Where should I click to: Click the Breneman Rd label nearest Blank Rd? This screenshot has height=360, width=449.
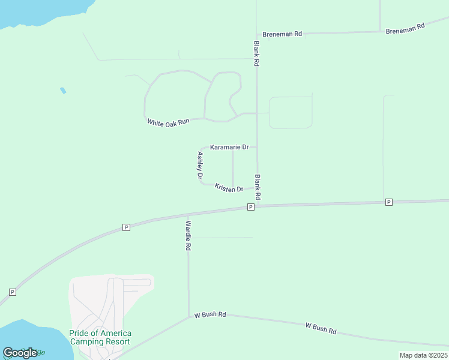click(282, 34)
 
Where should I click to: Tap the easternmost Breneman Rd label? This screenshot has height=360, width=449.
click(405, 28)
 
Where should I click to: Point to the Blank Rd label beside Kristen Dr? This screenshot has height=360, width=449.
click(258, 187)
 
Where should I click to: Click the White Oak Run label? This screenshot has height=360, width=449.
click(168, 121)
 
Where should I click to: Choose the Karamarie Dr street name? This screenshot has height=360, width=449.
click(229, 147)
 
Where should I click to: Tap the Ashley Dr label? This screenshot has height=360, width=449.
click(200, 166)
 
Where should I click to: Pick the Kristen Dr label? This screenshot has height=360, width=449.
click(229, 188)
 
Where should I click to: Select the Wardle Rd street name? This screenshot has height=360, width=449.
click(188, 235)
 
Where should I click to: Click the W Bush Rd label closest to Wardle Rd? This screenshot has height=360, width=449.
click(209, 314)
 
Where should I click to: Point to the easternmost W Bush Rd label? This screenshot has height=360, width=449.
click(321, 328)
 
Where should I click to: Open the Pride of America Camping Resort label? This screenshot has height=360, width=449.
click(100, 337)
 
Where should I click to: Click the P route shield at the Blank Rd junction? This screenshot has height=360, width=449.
click(251, 207)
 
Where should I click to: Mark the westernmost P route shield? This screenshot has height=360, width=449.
click(12, 292)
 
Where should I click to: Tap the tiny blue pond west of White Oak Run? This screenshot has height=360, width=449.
click(63, 91)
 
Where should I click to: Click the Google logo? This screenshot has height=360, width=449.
click(20, 353)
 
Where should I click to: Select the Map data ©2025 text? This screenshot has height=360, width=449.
click(423, 355)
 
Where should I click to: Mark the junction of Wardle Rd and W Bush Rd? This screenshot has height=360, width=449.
click(189, 317)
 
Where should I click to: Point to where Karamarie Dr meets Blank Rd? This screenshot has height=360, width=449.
click(257, 146)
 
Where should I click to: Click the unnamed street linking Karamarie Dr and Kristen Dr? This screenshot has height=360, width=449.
click(233, 168)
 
